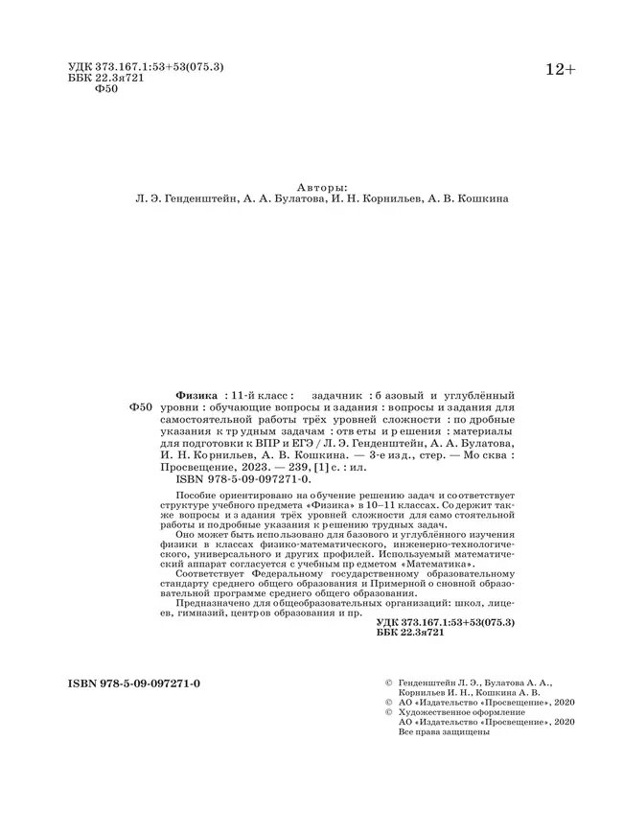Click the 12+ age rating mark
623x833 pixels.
click(x=560, y=70)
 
